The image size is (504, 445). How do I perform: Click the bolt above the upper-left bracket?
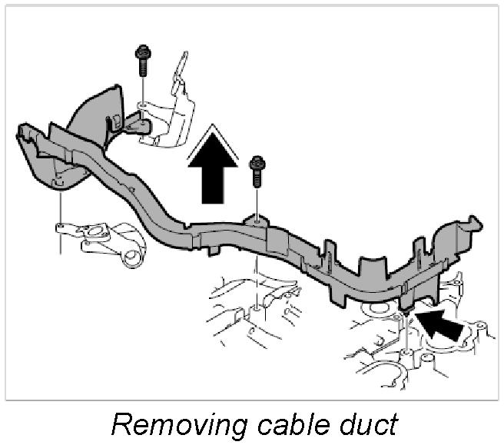click(x=142, y=60)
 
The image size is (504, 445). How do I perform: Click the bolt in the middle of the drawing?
click(x=257, y=173)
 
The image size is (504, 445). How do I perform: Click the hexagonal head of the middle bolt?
click(x=257, y=162)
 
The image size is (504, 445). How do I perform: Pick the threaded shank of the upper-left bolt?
click(x=142, y=68)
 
